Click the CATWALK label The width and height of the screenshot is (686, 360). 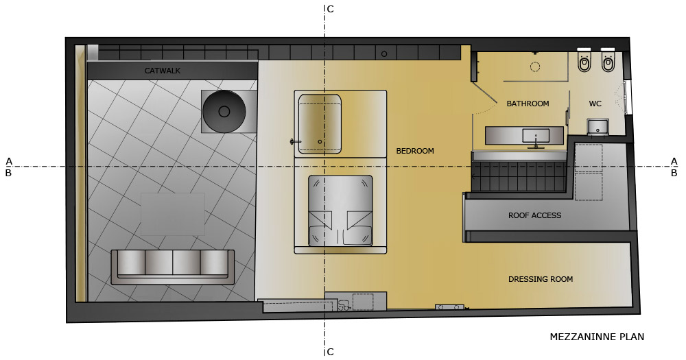163,71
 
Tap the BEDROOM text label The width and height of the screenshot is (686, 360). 415,151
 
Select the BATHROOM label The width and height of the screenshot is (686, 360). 528,104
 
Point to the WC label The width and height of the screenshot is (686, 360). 595,104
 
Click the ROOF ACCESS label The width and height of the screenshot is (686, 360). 534,215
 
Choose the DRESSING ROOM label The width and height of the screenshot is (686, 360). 541,279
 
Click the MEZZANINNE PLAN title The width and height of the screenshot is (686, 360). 597,337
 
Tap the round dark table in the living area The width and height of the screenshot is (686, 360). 224,112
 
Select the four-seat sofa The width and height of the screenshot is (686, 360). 172,267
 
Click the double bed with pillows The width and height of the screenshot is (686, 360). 340,211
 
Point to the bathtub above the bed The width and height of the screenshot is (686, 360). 320,124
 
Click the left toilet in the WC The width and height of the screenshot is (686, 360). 584,60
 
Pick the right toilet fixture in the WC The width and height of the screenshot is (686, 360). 608,60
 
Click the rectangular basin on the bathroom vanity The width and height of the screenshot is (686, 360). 536,136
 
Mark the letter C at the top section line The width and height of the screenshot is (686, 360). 331,9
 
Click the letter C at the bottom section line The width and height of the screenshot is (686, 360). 331,352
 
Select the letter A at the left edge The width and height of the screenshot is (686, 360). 9,161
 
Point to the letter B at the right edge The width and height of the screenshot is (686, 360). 674,173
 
